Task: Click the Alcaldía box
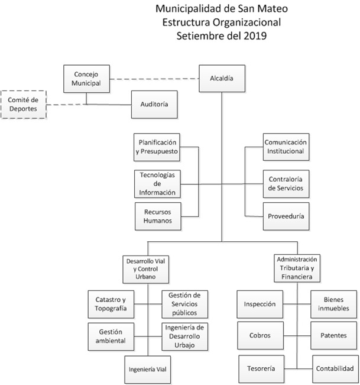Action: pos(222,78)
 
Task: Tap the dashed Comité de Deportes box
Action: pos(22,104)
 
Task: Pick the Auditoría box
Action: pos(154,104)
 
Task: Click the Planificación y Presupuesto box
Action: pos(157,147)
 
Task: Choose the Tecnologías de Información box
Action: pos(157,183)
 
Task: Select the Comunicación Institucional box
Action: pos(285,147)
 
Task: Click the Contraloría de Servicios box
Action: pos(285,183)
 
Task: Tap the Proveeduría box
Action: pos(285,216)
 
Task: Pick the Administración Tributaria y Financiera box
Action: pos(297,268)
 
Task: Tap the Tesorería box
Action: pos(261,368)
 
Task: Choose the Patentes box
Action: pos(334,335)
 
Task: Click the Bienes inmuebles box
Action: pos(334,304)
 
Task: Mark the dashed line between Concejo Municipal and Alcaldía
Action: pos(154,79)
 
